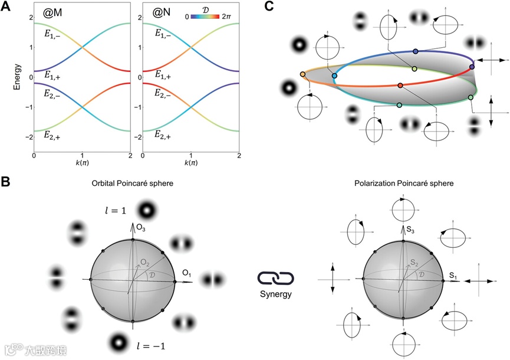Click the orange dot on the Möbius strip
pyautogui.click(x=302, y=74)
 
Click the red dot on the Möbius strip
pyautogui.click(x=400, y=86)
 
